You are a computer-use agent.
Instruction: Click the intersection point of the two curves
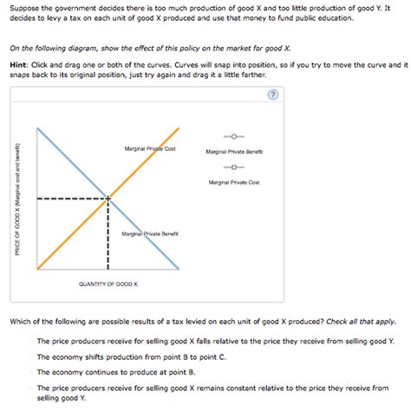click(108, 199)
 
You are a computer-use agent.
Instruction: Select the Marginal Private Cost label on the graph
click(151, 149)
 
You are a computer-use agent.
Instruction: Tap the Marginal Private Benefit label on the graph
click(151, 233)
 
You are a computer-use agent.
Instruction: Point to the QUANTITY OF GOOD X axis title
click(108, 284)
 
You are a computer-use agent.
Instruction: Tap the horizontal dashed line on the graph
click(69, 199)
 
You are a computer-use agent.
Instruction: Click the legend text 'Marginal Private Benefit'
click(234, 152)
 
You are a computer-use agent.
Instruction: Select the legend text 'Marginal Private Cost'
click(234, 182)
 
